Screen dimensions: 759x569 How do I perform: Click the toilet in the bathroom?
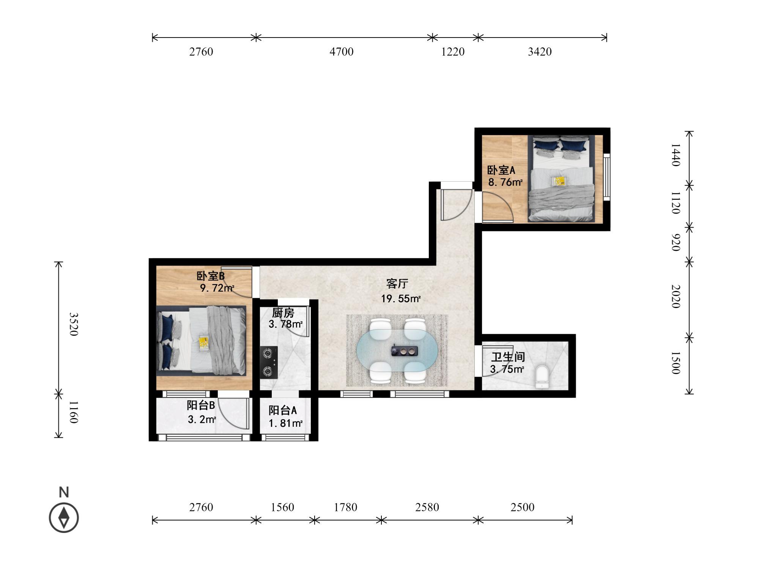[x=542, y=376]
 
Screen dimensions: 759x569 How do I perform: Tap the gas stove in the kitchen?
[x=269, y=362]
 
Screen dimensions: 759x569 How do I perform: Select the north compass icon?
[x=64, y=517]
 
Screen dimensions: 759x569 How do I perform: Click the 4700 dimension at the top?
[x=342, y=52]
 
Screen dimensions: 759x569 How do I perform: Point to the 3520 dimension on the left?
[x=73, y=324]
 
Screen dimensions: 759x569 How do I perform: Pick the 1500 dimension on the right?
[x=676, y=363]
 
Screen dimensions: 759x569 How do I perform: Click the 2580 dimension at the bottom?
[x=427, y=507]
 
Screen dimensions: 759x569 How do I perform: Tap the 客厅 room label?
[x=397, y=283]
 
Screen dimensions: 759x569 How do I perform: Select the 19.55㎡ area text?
[x=401, y=299]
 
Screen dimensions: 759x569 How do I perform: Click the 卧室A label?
[x=501, y=170]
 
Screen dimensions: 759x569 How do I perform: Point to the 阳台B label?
[x=201, y=405]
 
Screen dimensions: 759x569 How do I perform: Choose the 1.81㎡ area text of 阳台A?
[x=285, y=423]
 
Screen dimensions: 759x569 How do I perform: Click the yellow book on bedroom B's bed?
[x=204, y=343]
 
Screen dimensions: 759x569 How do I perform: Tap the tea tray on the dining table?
[x=405, y=351]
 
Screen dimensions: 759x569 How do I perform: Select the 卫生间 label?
[x=508, y=357]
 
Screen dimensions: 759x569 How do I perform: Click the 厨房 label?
[x=283, y=313]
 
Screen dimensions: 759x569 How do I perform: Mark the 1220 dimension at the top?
[x=453, y=52]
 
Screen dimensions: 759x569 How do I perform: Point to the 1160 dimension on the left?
[x=73, y=412]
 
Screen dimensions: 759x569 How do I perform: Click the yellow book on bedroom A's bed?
[x=559, y=181]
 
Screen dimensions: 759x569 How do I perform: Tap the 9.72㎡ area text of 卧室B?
[x=217, y=288]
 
